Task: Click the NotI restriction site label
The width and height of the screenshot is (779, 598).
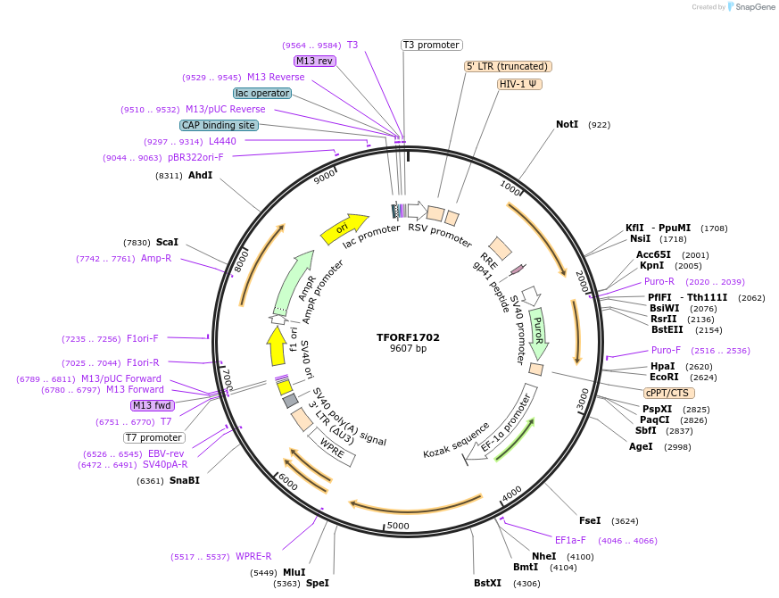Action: (x=567, y=124)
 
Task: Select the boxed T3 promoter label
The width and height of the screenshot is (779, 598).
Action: (x=431, y=45)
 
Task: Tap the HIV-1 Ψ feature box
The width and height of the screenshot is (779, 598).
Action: (x=519, y=84)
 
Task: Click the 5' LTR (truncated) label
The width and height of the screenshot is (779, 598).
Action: (x=508, y=66)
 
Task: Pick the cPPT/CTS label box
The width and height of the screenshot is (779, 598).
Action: (x=668, y=393)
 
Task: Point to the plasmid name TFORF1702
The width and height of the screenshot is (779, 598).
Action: (x=408, y=337)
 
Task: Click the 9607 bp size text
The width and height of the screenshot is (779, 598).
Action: (x=408, y=349)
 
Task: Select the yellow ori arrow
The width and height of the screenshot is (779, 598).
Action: (x=344, y=228)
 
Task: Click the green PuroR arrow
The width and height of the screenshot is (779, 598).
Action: (x=538, y=332)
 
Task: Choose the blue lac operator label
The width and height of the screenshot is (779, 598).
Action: (x=261, y=93)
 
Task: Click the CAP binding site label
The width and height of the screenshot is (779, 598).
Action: (x=219, y=125)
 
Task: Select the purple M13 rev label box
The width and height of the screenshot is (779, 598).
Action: (x=314, y=61)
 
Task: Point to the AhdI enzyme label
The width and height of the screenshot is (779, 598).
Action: (x=200, y=175)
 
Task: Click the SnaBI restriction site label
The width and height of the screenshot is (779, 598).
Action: (x=184, y=480)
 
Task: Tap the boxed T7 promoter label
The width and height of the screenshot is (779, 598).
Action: (x=154, y=437)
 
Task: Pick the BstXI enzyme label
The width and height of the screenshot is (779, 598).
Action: (x=488, y=583)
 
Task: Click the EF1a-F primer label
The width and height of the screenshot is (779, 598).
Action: (x=570, y=540)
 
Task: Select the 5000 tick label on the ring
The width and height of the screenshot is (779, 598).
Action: (x=397, y=526)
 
